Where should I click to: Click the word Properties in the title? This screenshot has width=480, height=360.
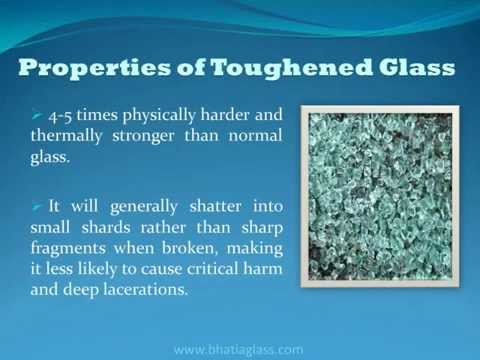point(94,69)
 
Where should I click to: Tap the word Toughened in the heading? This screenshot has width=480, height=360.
point(291,69)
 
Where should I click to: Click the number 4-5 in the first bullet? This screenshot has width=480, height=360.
point(60,116)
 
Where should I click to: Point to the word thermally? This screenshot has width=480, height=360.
point(66,136)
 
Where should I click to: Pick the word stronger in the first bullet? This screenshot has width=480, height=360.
point(143,137)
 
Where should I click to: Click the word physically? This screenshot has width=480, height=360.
point(159,116)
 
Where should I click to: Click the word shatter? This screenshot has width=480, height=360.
point(215,206)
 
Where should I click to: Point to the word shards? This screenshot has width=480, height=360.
point(106,227)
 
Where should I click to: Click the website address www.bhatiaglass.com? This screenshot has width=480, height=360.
point(239,349)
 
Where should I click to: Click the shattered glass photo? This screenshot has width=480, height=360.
point(380,197)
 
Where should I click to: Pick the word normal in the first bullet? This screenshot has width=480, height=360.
point(255,136)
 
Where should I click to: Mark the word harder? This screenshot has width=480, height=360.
point(225,114)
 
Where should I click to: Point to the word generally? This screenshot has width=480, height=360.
point(144,207)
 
